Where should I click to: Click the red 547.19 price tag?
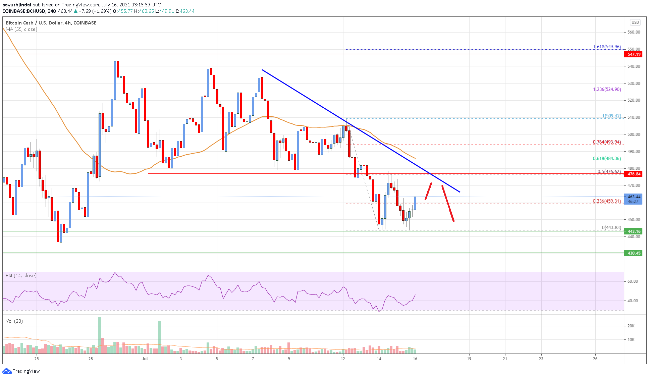(x=633, y=54)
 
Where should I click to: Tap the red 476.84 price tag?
(x=633, y=174)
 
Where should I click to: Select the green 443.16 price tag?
(x=633, y=231)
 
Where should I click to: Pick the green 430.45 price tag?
(x=633, y=253)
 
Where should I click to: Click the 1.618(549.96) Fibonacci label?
(x=607, y=47)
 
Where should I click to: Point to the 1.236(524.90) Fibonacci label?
(x=607, y=89)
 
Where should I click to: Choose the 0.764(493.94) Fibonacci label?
(x=607, y=142)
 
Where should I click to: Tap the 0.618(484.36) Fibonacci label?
(x=607, y=158)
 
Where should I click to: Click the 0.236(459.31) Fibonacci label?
(x=607, y=201)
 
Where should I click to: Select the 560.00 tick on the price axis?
(x=634, y=32)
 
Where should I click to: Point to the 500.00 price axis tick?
(x=634, y=134)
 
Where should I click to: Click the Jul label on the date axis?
(x=145, y=359)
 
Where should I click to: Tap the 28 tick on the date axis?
(x=91, y=359)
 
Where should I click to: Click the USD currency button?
(x=635, y=22)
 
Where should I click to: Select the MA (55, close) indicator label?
(x=21, y=29)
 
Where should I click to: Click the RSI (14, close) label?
(x=21, y=275)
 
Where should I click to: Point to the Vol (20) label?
(x=14, y=321)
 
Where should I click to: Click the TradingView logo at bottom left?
(x=21, y=371)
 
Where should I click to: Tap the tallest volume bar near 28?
(x=100, y=335)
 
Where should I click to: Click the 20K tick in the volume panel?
(x=631, y=326)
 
